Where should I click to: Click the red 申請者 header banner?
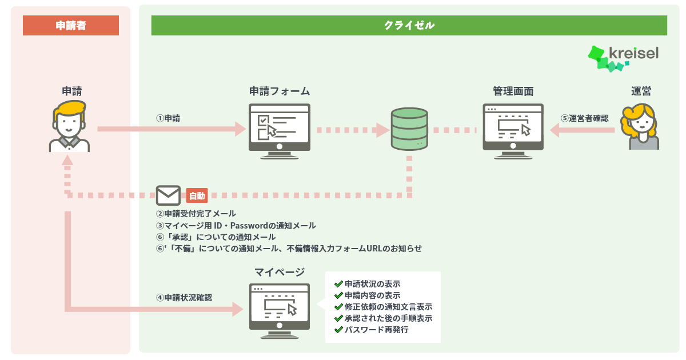pyautogui.click(x=71, y=25)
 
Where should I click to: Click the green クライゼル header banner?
pyautogui.click(x=409, y=25)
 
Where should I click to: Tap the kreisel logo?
pyautogui.click(x=623, y=59)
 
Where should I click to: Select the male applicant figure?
pyautogui.click(x=70, y=126)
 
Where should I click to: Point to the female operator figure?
pyautogui.click(x=640, y=127)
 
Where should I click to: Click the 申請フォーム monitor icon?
pyautogui.click(x=280, y=131)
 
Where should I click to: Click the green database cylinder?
pyautogui.click(x=409, y=129)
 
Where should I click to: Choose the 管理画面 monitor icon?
pyautogui.click(x=513, y=131)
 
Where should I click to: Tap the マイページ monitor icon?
pyautogui.click(x=280, y=311)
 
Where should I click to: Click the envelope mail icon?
pyautogui.click(x=168, y=195)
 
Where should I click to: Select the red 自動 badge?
pyautogui.click(x=197, y=195)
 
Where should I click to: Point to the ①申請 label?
pyautogui.click(x=168, y=118)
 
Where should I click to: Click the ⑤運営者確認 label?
pyautogui.click(x=585, y=118)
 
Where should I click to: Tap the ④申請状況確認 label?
pyautogui.click(x=184, y=298)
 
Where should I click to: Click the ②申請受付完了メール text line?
pyautogui.click(x=196, y=213)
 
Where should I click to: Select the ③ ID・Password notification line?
pyautogui.click(x=236, y=226)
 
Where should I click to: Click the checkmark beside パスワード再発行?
pyautogui.click(x=338, y=330)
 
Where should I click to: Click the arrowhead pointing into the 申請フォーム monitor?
pyautogui.click(x=241, y=129)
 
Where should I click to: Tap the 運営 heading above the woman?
pyautogui.click(x=641, y=91)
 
